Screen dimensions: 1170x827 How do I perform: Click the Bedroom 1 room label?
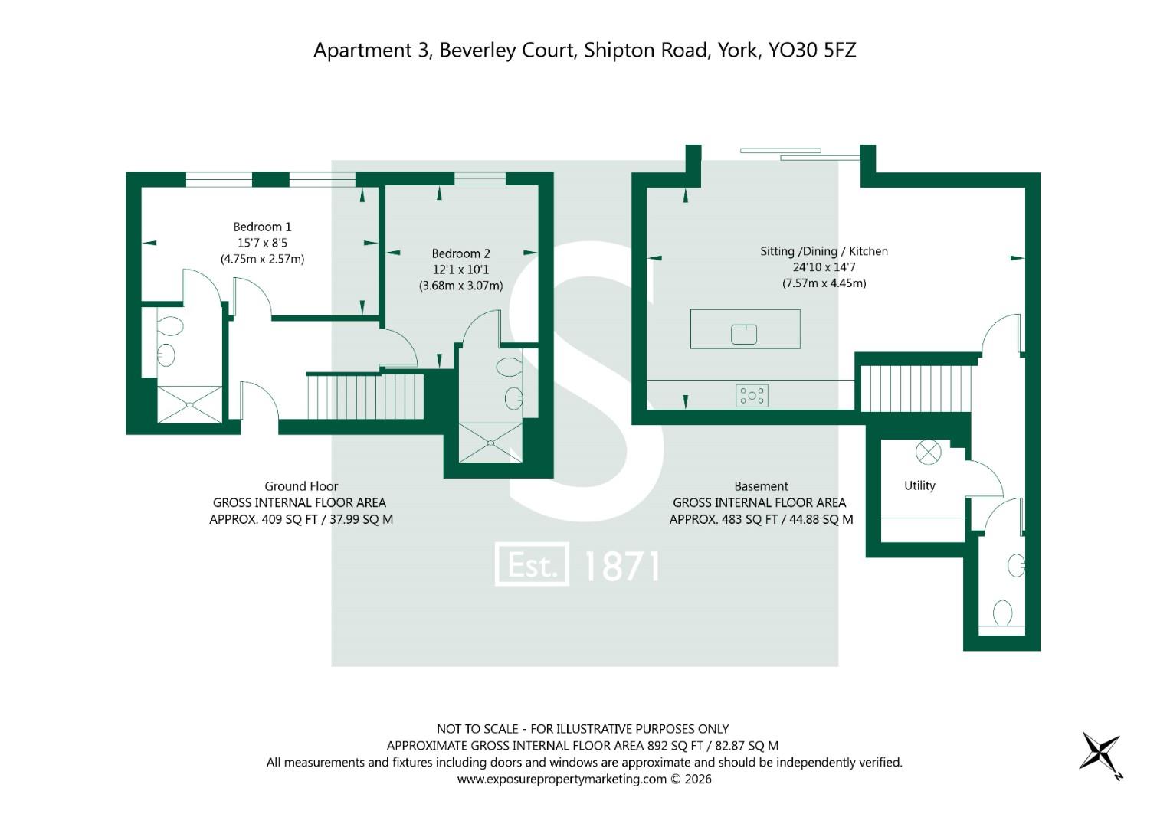(x=262, y=227)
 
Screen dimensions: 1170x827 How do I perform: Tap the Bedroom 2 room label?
(x=460, y=253)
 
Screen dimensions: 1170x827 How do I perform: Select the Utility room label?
(x=919, y=485)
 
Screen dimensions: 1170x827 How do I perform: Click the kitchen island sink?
(x=744, y=334)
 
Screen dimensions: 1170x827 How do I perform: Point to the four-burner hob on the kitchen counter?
(x=752, y=396)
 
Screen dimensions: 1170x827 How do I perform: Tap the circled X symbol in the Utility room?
(x=928, y=452)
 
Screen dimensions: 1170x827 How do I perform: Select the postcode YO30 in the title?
(x=791, y=50)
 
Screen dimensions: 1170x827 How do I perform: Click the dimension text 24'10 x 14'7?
(x=824, y=267)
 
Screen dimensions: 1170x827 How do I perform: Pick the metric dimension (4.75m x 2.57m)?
(x=262, y=259)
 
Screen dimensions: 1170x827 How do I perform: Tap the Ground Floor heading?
(x=301, y=486)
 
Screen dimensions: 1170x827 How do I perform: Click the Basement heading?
(x=761, y=486)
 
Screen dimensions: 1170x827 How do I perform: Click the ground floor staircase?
(x=365, y=396)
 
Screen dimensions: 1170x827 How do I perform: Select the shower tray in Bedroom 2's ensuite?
(x=490, y=443)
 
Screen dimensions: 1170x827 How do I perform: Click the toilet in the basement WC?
(x=1002, y=613)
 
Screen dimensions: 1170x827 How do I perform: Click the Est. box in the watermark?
(x=532, y=564)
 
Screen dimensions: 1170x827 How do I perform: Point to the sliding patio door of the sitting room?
(x=800, y=153)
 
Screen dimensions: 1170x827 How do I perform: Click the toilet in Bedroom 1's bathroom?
(x=170, y=326)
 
